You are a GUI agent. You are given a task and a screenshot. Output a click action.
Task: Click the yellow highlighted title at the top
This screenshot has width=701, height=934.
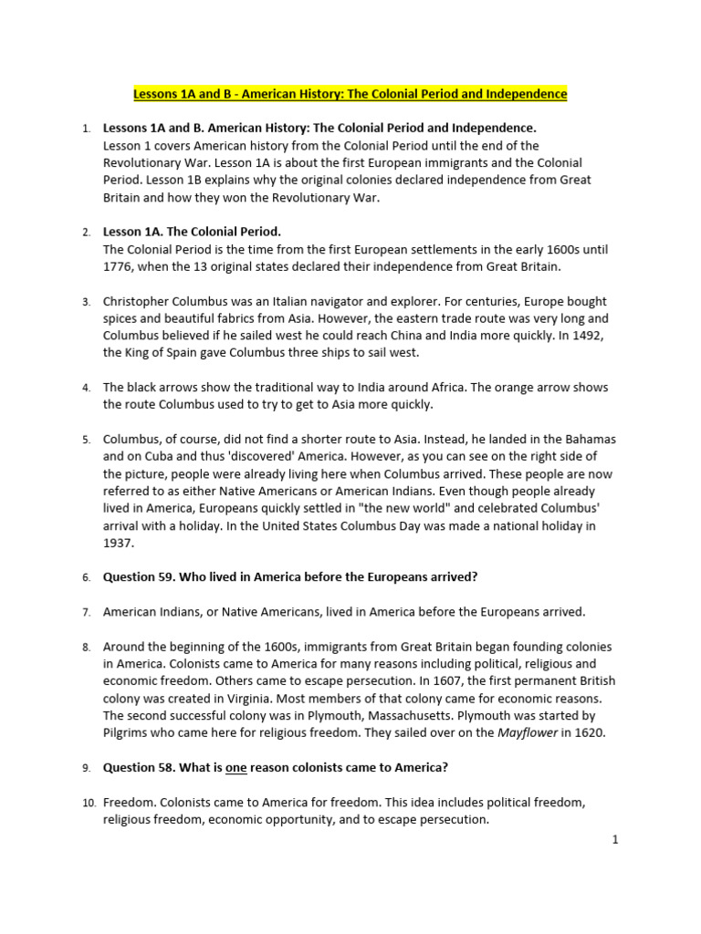click(x=350, y=94)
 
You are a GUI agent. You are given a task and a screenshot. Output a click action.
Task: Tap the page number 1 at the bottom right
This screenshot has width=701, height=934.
click(x=615, y=840)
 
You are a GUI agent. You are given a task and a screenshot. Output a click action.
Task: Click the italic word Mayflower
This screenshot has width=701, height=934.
click(x=527, y=732)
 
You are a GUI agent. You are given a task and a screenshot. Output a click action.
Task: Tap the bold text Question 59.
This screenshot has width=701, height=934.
click(x=141, y=577)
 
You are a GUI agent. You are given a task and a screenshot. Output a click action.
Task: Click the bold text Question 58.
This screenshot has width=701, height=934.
click(x=141, y=767)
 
